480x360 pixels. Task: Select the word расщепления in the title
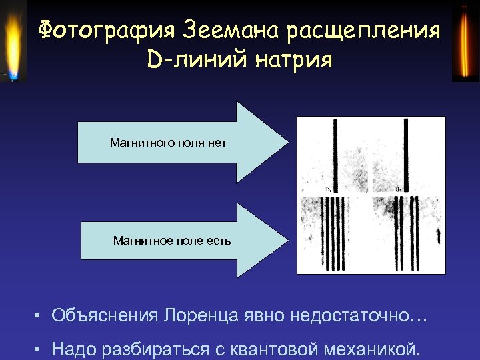(363, 31)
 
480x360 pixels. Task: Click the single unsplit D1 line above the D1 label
(332, 153)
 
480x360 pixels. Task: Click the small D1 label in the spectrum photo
(329, 190)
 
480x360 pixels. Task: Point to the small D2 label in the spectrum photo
(398, 189)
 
